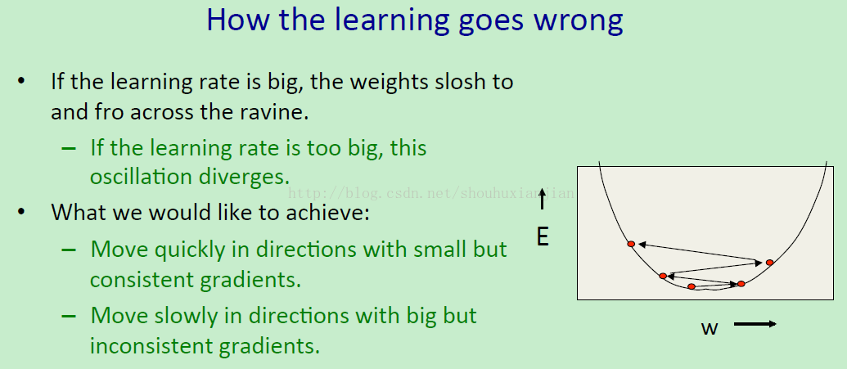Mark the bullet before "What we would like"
coord(21,212)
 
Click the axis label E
coord(543,236)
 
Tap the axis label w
coord(710,327)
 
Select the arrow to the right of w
coord(755,324)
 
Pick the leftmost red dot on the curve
coord(631,244)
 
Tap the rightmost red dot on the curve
coord(770,262)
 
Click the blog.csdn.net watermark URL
coord(430,193)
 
